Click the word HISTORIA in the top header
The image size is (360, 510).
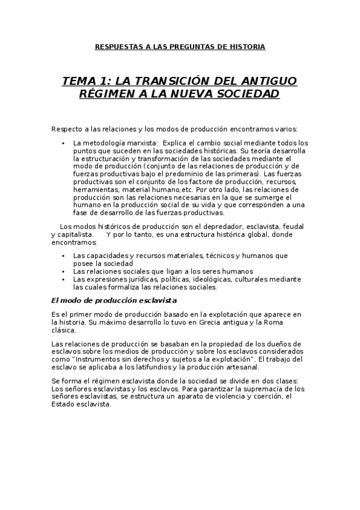[x=248, y=46]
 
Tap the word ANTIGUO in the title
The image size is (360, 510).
[x=269, y=81]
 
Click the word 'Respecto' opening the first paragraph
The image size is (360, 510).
[x=66, y=129]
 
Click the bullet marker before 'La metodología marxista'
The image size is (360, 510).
[x=64, y=143]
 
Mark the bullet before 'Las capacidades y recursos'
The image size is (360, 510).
[x=64, y=256]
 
